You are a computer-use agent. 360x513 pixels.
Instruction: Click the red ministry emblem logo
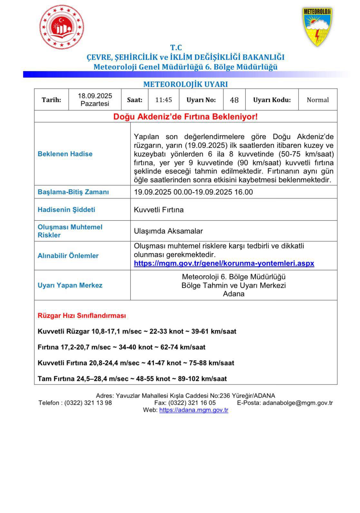62,28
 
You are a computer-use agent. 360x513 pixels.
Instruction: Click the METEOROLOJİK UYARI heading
185,84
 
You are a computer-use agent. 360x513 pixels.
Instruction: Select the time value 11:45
164,100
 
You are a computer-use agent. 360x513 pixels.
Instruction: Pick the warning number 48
234,100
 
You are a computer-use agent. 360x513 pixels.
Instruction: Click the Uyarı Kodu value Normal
318,100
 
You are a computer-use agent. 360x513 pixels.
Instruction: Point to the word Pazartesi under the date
95,104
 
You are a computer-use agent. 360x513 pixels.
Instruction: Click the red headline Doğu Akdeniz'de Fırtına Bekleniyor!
185,117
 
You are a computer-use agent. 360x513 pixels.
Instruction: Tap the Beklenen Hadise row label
65,154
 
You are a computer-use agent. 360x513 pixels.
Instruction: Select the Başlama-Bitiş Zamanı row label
73,192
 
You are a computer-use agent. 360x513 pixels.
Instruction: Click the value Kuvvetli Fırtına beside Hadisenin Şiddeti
159,210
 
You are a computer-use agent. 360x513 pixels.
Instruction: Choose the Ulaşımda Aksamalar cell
168,231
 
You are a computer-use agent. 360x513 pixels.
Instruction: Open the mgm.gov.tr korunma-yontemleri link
224,263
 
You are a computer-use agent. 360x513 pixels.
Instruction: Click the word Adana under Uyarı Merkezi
234,294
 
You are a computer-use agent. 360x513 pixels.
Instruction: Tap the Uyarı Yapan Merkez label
70,286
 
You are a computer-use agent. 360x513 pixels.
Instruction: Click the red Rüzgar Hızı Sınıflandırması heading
82,316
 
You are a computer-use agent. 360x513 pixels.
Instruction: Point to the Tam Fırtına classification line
132,379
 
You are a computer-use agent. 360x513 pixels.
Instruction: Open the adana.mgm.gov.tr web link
194,410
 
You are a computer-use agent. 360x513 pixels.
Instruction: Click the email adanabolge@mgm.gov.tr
298,403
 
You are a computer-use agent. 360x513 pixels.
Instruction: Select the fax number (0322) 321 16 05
192,403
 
